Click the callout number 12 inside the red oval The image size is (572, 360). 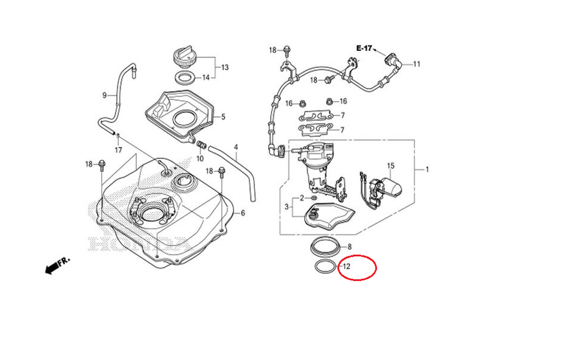pos(346,266)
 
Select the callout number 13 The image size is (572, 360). pos(224,68)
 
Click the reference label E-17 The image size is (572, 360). pos(364,49)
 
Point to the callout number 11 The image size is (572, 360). pos(416,64)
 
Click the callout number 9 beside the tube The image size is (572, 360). pos(105,95)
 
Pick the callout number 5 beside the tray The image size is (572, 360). pos(223,117)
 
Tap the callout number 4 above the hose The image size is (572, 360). pos(236,147)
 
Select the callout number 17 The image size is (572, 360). pos(118,150)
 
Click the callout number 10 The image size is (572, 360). pos(200,158)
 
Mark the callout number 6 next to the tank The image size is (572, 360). pos(243,213)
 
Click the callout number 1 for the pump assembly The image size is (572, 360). pos(426,169)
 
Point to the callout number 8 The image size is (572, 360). pos(350,247)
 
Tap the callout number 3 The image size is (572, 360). pos(287,206)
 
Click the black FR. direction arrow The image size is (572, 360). pos(53,265)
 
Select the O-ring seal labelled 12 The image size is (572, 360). pos(324,267)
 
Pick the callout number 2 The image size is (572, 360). pos(301,197)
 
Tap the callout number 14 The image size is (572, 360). pos(205,78)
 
